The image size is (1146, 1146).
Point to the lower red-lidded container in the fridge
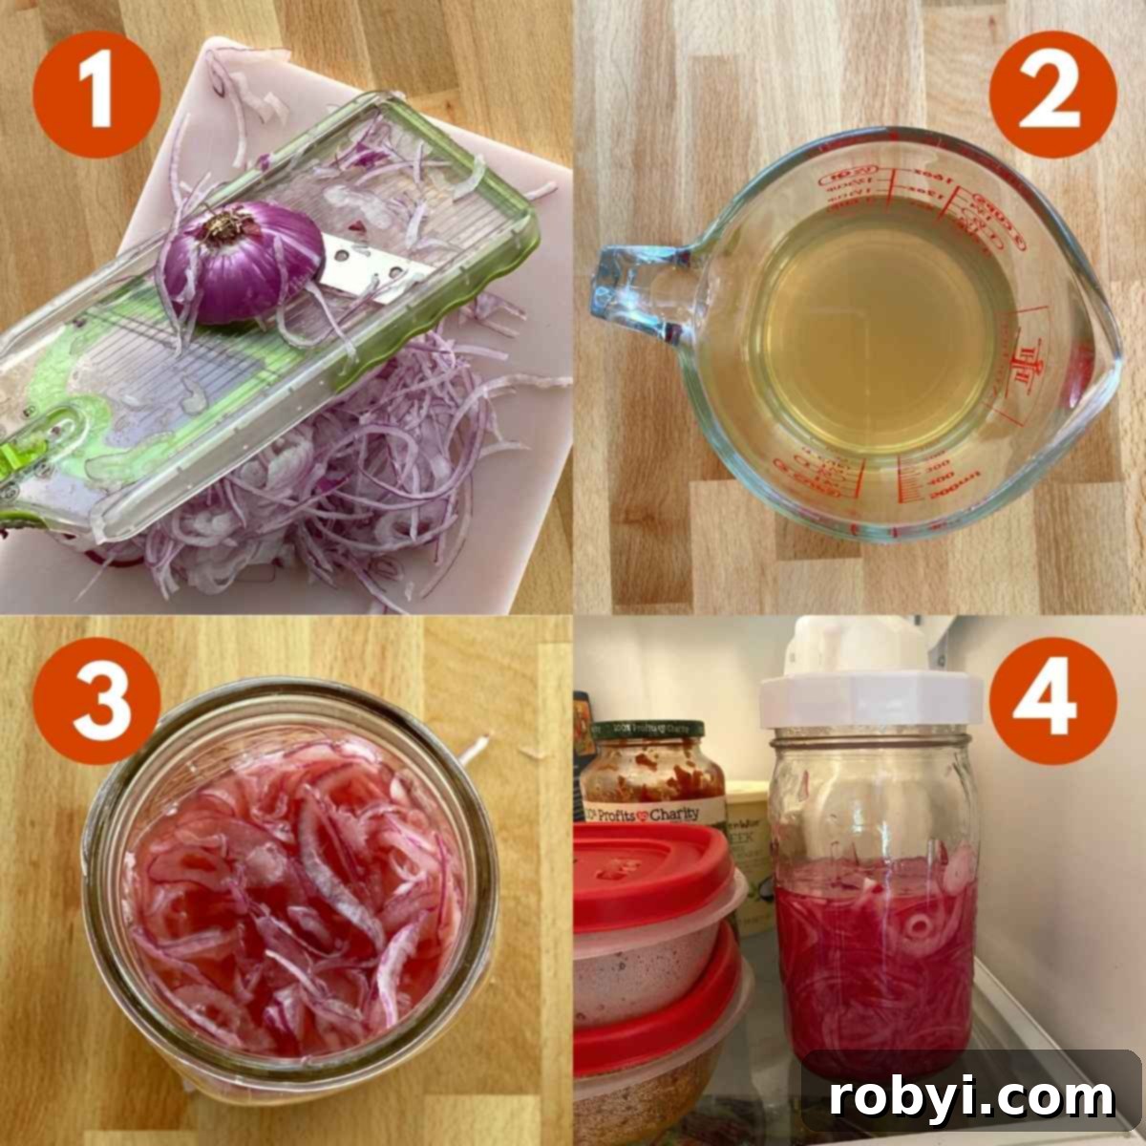[659, 1050]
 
